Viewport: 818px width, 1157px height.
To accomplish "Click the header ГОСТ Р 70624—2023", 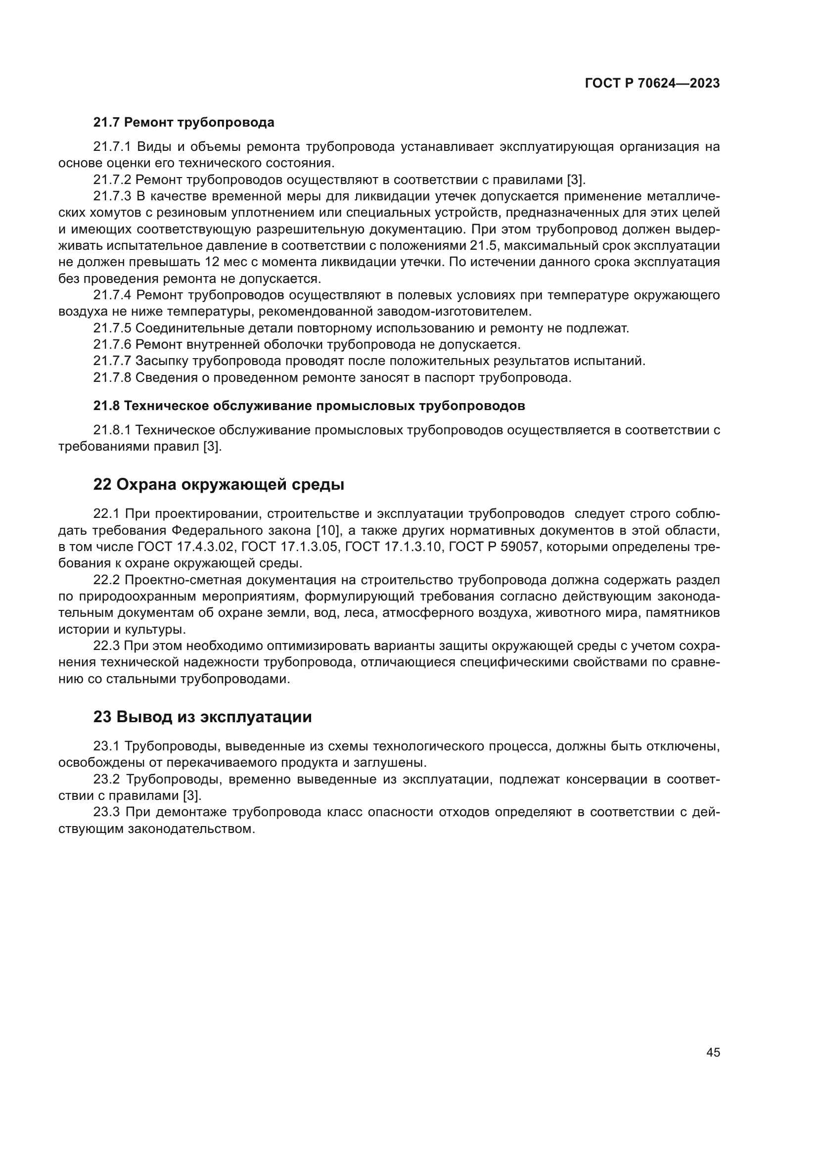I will [x=652, y=84].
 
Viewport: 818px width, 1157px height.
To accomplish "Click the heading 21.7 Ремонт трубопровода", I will [x=183, y=123].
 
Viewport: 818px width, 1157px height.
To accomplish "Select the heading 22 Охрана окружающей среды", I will [x=219, y=484].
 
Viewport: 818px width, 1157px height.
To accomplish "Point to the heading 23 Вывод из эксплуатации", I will [x=202, y=717].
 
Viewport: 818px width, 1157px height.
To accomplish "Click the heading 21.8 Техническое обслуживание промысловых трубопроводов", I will [x=309, y=406].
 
